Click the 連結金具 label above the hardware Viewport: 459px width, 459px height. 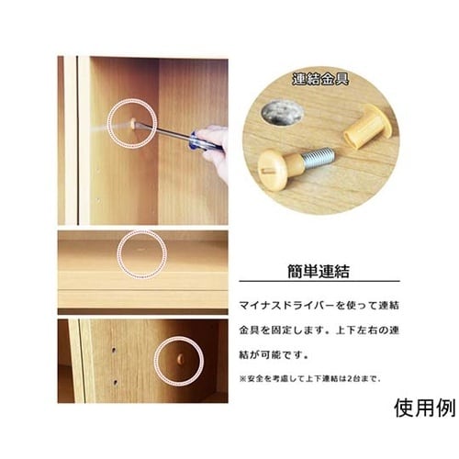(320, 79)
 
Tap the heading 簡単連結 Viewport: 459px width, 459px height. (319, 271)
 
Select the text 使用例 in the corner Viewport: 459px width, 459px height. (425, 408)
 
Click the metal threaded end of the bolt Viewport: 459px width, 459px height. (319, 155)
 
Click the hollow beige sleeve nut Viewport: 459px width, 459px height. (368, 126)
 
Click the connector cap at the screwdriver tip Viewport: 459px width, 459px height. (133, 124)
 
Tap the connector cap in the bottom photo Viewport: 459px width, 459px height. (181, 359)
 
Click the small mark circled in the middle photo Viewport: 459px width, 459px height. (140, 250)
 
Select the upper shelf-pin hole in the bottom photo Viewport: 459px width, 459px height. (114, 350)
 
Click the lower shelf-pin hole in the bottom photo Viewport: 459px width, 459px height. (115, 382)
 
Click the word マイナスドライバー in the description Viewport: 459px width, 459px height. (285, 306)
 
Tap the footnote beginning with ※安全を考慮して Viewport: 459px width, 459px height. (309, 379)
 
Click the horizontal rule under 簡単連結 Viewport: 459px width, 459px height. (319, 281)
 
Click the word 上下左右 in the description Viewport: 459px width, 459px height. (360, 330)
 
